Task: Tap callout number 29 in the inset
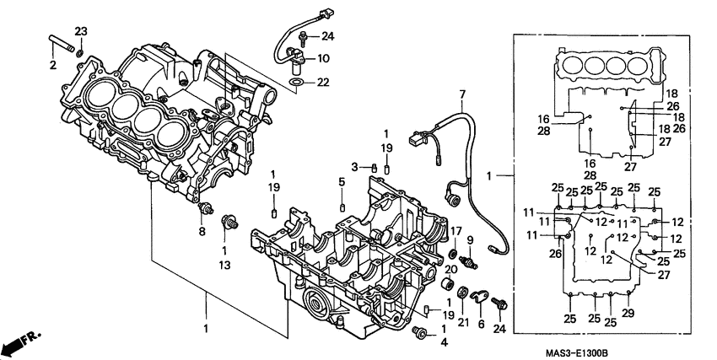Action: (x=627, y=314)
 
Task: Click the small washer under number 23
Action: (x=79, y=53)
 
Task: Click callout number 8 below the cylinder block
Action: (x=202, y=231)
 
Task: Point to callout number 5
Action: (x=342, y=182)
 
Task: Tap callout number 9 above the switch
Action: (x=471, y=239)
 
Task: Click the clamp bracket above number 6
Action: (x=481, y=296)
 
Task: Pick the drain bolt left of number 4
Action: (x=420, y=334)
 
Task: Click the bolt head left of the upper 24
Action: (x=302, y=37)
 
